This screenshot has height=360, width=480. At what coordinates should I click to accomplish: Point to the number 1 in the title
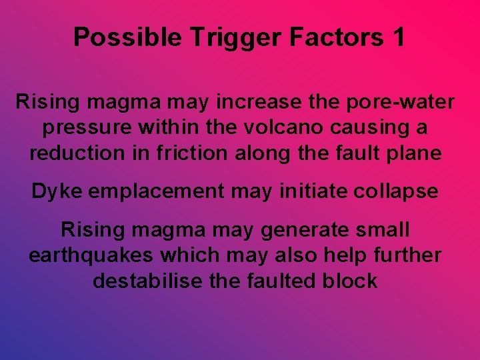pos(399,37)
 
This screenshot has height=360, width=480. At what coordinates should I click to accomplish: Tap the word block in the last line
pos(351,281)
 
